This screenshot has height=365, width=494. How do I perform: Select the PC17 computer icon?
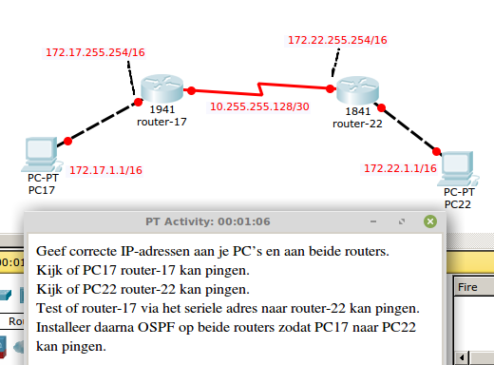40,153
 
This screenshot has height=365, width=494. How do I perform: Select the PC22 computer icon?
458,167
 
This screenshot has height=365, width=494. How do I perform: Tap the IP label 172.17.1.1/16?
105,169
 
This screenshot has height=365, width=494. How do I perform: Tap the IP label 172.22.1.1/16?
399,168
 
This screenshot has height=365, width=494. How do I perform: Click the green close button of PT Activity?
430,221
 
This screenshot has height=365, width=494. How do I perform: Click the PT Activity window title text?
208,221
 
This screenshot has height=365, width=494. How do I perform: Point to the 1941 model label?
163,111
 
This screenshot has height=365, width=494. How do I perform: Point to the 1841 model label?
358,111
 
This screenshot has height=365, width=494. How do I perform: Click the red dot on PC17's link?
67,142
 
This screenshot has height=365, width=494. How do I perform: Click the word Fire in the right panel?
468,285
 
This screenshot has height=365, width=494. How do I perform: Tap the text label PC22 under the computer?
458,203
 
